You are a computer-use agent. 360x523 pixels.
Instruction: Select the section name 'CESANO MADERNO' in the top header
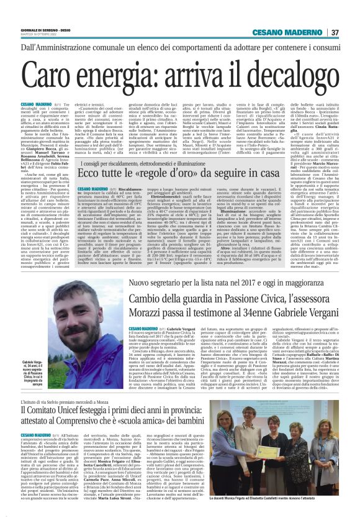[294, 32]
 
